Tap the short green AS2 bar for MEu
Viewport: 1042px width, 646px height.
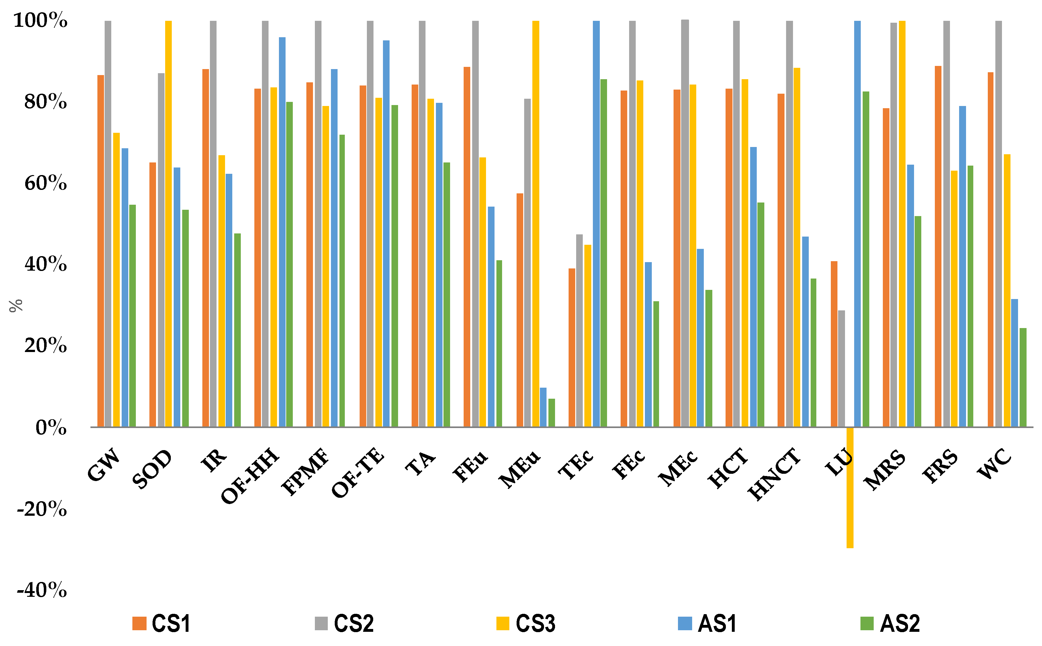(552, 412)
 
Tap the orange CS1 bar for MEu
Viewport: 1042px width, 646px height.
(519, 310)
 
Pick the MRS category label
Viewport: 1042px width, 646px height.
(884, 470)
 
